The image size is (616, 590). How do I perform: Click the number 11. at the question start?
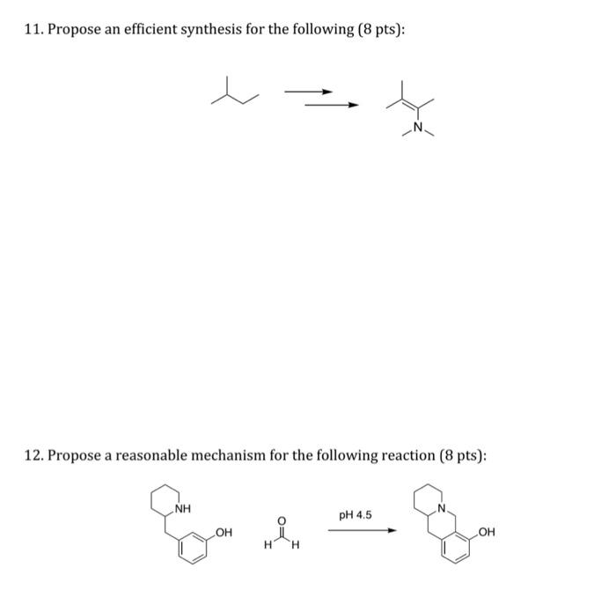tap(33, 31)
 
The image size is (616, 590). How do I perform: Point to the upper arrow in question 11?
tap(310, 92)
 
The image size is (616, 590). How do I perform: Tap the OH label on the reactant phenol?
tap(224, 532)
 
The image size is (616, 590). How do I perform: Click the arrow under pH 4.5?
tap(356, 530)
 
